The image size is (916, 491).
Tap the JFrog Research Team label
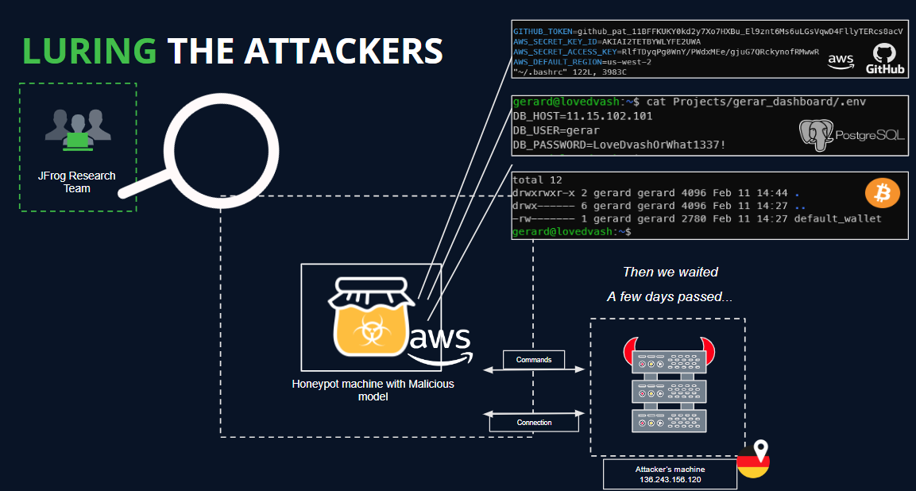pos(78,182)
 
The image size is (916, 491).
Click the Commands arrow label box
pos(534,360)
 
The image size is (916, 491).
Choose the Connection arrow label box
pos(534,423)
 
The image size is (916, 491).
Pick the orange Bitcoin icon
pos(882,193)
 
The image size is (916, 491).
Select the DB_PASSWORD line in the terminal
pos(619,145)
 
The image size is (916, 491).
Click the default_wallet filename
pos(837,218)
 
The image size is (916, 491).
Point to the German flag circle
pos(752,462)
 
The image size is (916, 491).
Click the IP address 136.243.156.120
pos(671,480)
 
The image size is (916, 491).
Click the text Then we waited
pos(670,273)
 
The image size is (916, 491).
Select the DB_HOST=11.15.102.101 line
pos(582,116)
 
